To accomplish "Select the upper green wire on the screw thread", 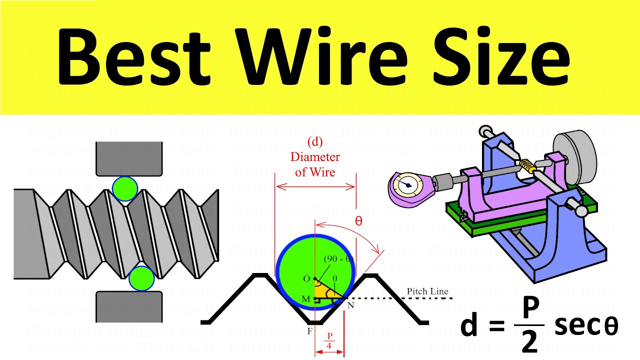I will click(124, 188).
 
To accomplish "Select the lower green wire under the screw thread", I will click(141, 278).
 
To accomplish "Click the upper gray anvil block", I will click(129, 158).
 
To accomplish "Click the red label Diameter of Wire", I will click(315, 164).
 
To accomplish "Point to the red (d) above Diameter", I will click(315, 142).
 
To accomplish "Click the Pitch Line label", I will click(427, 291).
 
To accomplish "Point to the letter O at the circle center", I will click(307, 278).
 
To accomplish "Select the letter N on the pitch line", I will click(350, 305).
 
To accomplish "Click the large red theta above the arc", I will click(358, 220).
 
